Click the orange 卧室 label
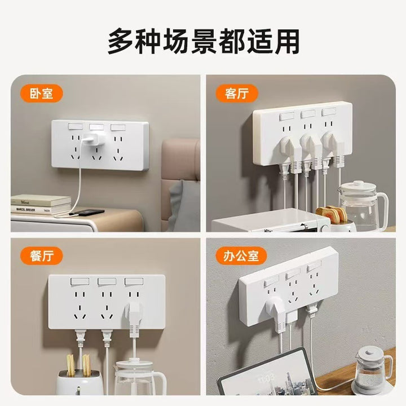(x=41, y=93)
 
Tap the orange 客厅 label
(x=237, y=93)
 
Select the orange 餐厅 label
(x=41, y=256)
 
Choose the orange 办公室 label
(x=241, y=256)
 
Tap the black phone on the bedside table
(x=86, y=213)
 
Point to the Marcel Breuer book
(x=41, y=209)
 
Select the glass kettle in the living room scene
(x=361, y=205)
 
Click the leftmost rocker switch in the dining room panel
(x=80, y=281)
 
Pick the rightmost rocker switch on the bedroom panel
(x=118, y=127)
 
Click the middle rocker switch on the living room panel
(x=308, y=114)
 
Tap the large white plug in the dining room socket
(x=134, y=319)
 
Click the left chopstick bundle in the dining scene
(x=70, y=365)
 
